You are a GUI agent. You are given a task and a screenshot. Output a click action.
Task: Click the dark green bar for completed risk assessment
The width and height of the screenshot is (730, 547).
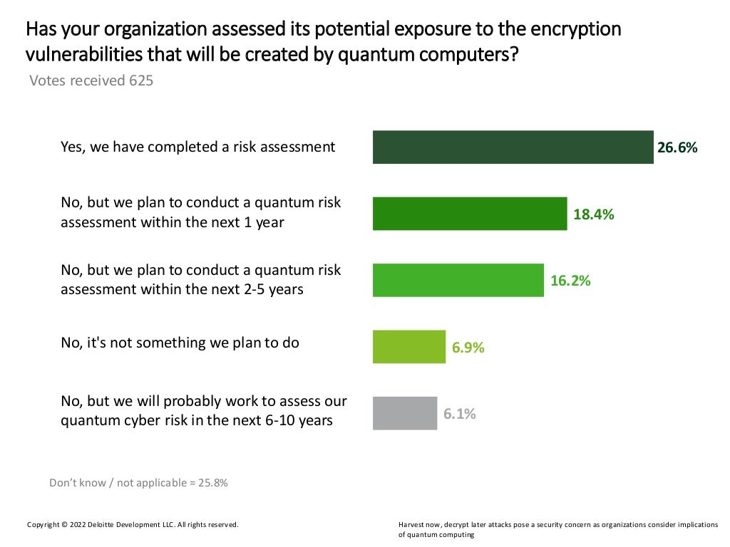513,147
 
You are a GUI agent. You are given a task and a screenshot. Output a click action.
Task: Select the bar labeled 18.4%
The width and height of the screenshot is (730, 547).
470,214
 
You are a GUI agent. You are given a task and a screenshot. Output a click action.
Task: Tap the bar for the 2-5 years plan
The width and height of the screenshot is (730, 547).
458,280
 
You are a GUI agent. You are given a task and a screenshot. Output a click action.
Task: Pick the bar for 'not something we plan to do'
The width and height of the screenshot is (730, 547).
408,347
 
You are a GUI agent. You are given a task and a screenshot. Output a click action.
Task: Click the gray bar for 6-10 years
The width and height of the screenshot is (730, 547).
404,413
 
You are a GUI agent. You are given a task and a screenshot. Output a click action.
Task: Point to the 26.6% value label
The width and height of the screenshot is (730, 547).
677,148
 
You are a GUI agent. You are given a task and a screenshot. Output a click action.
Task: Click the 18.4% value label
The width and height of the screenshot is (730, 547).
593,214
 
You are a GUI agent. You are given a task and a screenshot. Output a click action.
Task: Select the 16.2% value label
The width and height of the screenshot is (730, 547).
570,281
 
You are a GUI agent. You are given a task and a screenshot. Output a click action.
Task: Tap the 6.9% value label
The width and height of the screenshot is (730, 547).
468,348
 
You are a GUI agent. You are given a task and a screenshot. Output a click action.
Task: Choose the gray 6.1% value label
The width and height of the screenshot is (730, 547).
460,414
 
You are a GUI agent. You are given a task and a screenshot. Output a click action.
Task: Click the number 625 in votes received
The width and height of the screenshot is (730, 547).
140,80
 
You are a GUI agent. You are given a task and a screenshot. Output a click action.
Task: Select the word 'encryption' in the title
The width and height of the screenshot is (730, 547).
577,30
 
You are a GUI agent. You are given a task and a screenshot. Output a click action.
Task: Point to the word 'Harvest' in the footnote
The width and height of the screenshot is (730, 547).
411,525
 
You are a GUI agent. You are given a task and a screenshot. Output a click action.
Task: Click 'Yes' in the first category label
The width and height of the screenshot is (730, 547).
71,147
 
